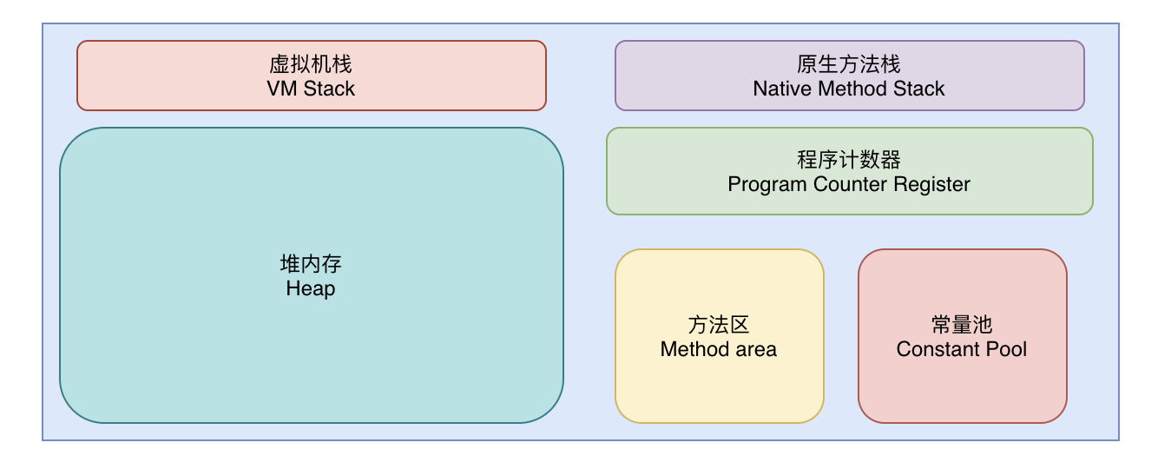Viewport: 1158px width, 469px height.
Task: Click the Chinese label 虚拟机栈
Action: (311, 64)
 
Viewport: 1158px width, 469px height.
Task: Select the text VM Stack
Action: (311, 89)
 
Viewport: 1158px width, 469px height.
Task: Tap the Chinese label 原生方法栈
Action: (848, 64)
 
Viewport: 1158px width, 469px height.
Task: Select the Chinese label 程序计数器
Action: (848, 160)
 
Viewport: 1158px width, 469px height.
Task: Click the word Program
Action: (767, 185)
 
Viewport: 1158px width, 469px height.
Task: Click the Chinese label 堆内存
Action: (311, 264)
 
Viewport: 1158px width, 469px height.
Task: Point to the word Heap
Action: (311, 288)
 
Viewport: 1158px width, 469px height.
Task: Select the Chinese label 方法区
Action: (719, 325)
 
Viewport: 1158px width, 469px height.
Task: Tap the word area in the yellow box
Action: (756, 350)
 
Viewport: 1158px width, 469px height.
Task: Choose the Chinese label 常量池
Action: (962, 325)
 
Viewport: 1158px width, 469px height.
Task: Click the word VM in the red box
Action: (282, 89)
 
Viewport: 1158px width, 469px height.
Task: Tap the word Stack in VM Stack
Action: (329, 89)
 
